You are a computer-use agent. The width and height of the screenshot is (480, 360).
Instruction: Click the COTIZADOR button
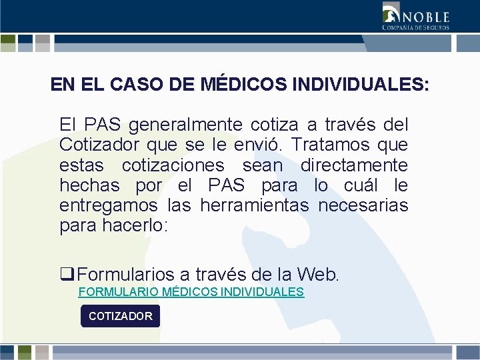pos(121,316)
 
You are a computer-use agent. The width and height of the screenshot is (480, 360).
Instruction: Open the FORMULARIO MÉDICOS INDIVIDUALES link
pos(191,292)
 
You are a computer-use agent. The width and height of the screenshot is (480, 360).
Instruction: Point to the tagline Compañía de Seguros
pos(415,27)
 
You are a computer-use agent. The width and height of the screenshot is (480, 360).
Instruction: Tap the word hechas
pos(89,185)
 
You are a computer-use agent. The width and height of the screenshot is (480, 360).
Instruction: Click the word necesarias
pos(363,205)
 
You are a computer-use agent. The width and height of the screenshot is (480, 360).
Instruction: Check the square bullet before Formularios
pos(65,273)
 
